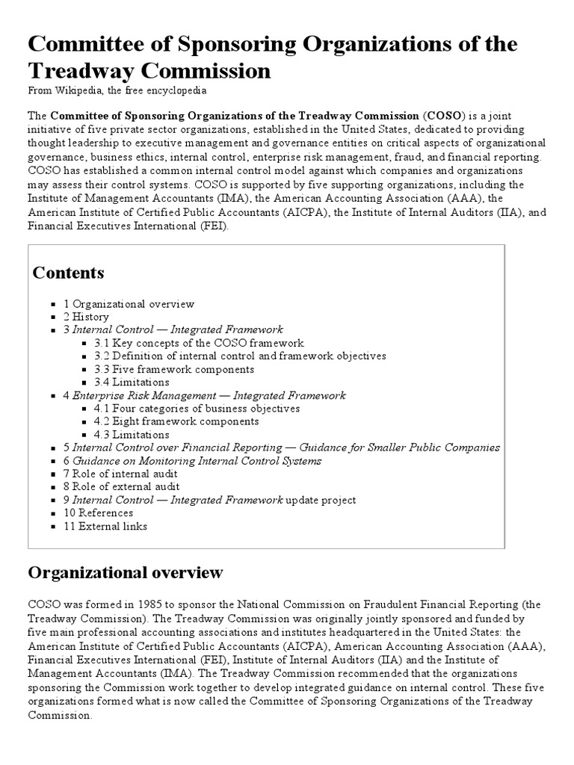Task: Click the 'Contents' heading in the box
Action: pos(69,273)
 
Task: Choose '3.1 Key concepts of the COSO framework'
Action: pos(199,343)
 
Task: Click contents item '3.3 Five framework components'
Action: pos(174,369)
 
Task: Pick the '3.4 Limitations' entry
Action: pos(132,382)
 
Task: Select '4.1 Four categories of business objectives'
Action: pos(197,409)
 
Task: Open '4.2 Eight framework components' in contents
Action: pos(176,421)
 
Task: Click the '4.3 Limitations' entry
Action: pos(132,435)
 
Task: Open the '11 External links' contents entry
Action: pos(105,526)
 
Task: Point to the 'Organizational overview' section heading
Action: pos(126,573)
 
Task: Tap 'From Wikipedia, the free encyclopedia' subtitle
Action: pos(117,90)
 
